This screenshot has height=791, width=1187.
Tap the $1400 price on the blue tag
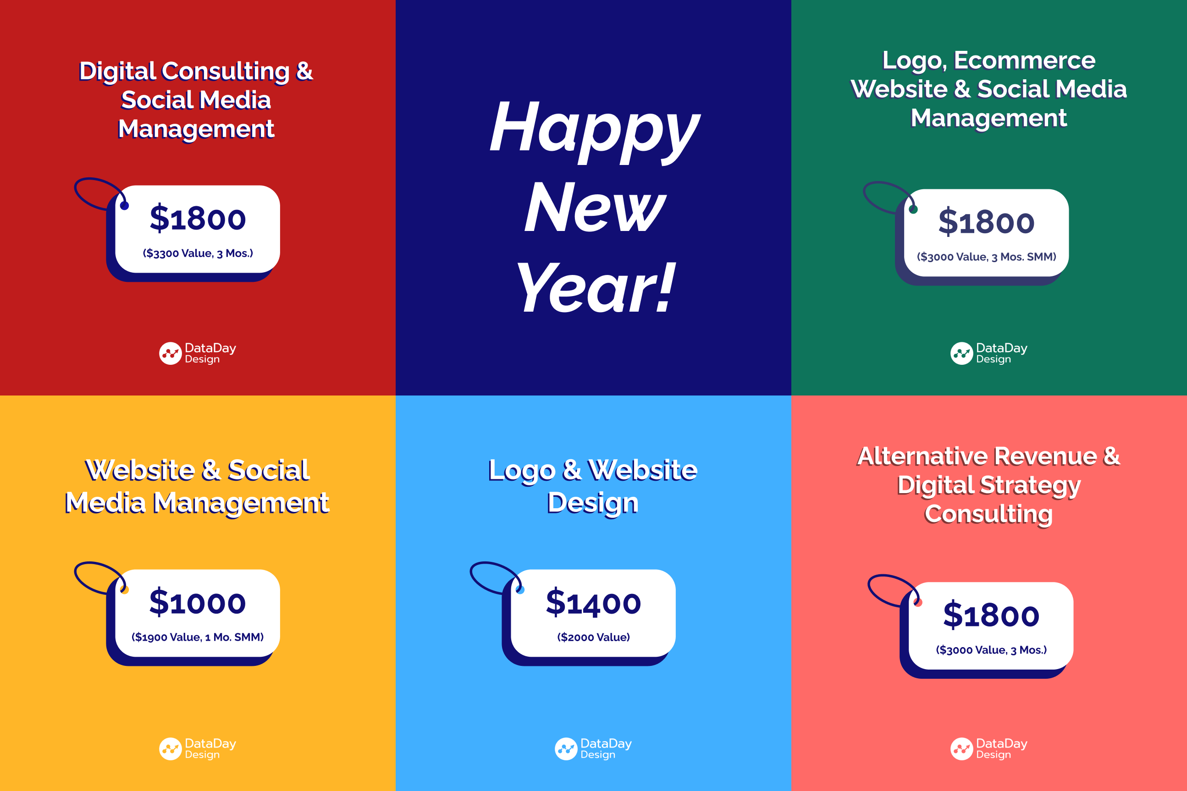coord(593,603)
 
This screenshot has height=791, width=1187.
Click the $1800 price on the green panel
coord(987,222)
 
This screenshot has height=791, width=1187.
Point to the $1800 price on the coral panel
coord(991,615)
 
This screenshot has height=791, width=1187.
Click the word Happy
coord(595,131)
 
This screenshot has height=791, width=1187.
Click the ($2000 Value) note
coord(593,637)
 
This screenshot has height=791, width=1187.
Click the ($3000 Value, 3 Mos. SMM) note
coord(987,257)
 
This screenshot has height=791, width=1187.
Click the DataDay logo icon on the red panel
coord(171,354)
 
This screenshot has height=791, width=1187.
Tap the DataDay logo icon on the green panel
coord(962,354)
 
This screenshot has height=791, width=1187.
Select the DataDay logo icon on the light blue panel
coord(566,749)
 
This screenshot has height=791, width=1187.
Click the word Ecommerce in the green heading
coord(1025,60)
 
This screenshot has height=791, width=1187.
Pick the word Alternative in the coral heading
coord(927,456)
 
